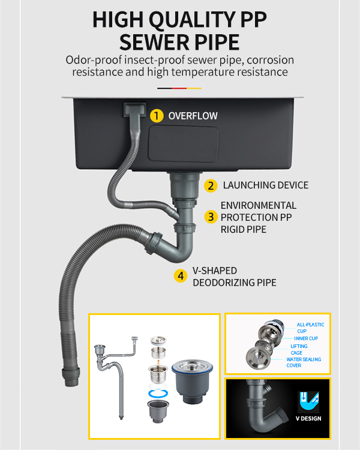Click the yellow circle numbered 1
(157, 116)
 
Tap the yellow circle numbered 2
(211, 185)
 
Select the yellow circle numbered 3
(211, 217)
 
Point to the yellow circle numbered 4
(181, 276)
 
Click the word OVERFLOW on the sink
(193, 116)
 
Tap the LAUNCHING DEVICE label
(266, 185)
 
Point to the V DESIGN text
(308, 418)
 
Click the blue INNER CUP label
(306, 338)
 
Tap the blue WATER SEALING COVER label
(304, 362)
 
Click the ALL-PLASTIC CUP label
(310, 328)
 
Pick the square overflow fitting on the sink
(134, 109)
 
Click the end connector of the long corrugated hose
(70, 376)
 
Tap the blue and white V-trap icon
(308, 402)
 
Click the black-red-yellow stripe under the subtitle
(179, 88)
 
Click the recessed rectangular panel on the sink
(183, 144)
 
